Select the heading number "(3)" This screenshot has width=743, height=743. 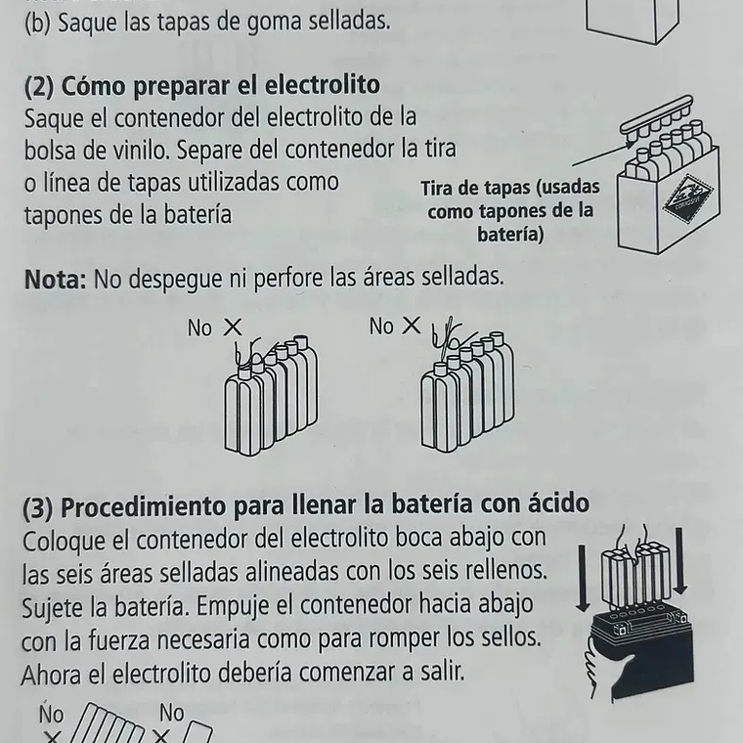(x=38, y=505)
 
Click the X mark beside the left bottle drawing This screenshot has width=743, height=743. (x=233, y=328)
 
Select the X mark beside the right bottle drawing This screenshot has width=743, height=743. (x=412, y=327)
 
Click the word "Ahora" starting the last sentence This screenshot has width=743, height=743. (x=52, y=673)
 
